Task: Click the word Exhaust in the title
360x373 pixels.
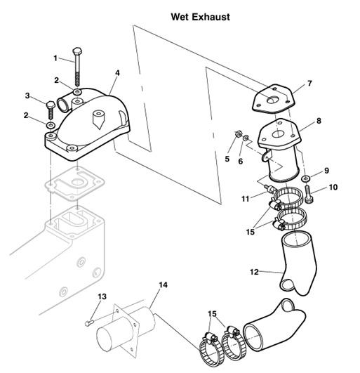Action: (x=211, y=17)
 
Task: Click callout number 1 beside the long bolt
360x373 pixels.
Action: (x=55, y=58)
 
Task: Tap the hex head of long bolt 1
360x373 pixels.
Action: (x=77, y=51)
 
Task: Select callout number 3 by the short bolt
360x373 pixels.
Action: (x=27, y=96)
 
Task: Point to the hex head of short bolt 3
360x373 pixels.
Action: (x=51, y=105)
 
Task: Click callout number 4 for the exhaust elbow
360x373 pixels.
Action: (x=117, y=73)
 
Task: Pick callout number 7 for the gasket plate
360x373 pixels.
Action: (x=309, y=84)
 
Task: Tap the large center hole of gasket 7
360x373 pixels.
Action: (x=272, y=100)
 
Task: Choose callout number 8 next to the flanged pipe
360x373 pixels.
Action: (x=319, y=121)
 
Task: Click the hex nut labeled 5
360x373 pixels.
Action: (x=238, y=134)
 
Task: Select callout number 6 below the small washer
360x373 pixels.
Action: (x=241, y=162)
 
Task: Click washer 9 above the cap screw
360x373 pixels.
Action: (x=305, y=178)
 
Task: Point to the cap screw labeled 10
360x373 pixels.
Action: (x=309, y=195)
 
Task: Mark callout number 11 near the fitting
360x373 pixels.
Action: (x=245, y=199)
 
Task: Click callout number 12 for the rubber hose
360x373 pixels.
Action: (x=254, y=272)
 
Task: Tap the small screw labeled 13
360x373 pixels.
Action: (x=89, y=323)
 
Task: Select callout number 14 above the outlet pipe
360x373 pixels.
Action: (x=163, y=284)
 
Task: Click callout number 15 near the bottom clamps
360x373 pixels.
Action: (x=212, y=314)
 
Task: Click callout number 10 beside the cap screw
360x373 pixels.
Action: (x=333, y=188)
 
